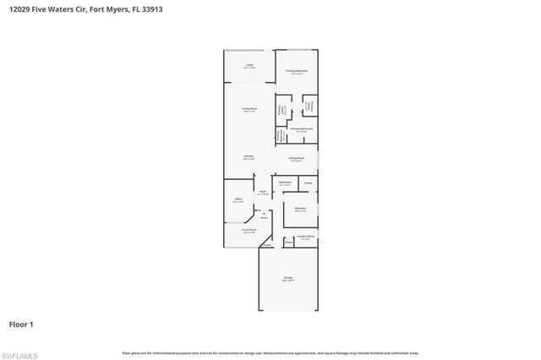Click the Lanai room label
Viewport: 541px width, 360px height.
[249, 66]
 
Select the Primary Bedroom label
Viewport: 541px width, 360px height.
[296, 71]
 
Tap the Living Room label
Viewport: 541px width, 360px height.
[249, 109]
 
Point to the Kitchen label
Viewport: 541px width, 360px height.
[249, 156]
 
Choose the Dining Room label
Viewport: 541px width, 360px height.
[296, 158]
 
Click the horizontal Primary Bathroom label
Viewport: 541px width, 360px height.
[301, 129]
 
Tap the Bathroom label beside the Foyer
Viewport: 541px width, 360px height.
[286, 183]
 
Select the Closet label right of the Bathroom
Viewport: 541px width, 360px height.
[308, 183]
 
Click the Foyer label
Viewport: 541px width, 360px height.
[263, 193]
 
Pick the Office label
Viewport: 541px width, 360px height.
[238, 201]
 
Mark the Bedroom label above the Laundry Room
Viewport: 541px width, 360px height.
[300, 209]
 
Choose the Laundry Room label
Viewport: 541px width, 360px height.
[305, 237]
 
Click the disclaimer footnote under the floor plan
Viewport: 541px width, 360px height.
[270, 352]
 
